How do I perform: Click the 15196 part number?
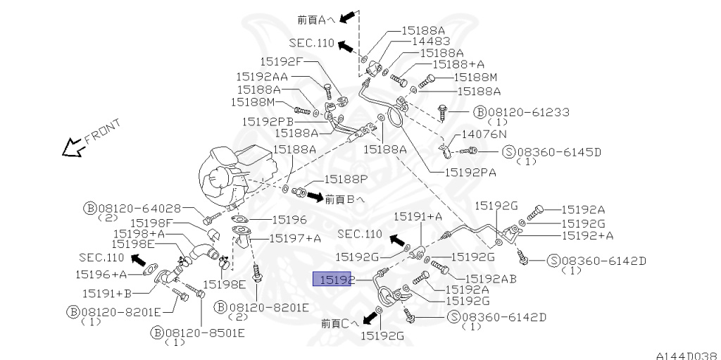pyautogui.click(x=289, y=220)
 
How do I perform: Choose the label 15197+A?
pyautogui.click(x=294, y=238)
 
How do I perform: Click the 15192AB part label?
pyautogui.click(x=491, y=278)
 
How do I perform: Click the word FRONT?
pyautogui.click(x=102, y=132)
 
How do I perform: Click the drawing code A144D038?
pyautogui.click(x=686, y=354)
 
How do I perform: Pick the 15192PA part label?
pyautogui.click(x=470, y=170)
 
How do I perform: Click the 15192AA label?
pyautogui.click(x=261, y=75)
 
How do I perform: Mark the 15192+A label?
pyautogui.click(x=588, y=235)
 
